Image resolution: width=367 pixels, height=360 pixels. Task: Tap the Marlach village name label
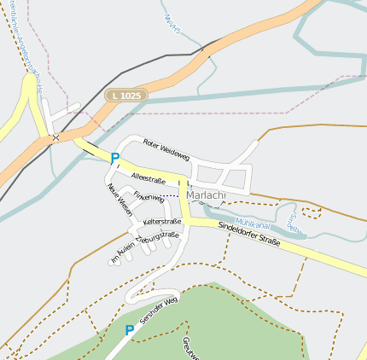206,195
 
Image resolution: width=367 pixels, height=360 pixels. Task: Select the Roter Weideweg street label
166,150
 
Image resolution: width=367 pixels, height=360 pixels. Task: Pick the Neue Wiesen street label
119,200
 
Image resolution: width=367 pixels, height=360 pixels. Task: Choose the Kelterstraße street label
162,222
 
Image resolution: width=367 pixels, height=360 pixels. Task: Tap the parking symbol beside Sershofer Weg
130,330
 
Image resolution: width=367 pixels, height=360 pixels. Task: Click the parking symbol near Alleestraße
114,157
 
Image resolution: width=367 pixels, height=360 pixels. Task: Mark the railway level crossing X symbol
55,136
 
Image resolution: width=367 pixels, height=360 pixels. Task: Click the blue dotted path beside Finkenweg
173,195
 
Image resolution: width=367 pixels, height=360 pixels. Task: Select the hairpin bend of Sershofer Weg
130,296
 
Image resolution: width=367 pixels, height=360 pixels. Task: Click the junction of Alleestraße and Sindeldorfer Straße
183,181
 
